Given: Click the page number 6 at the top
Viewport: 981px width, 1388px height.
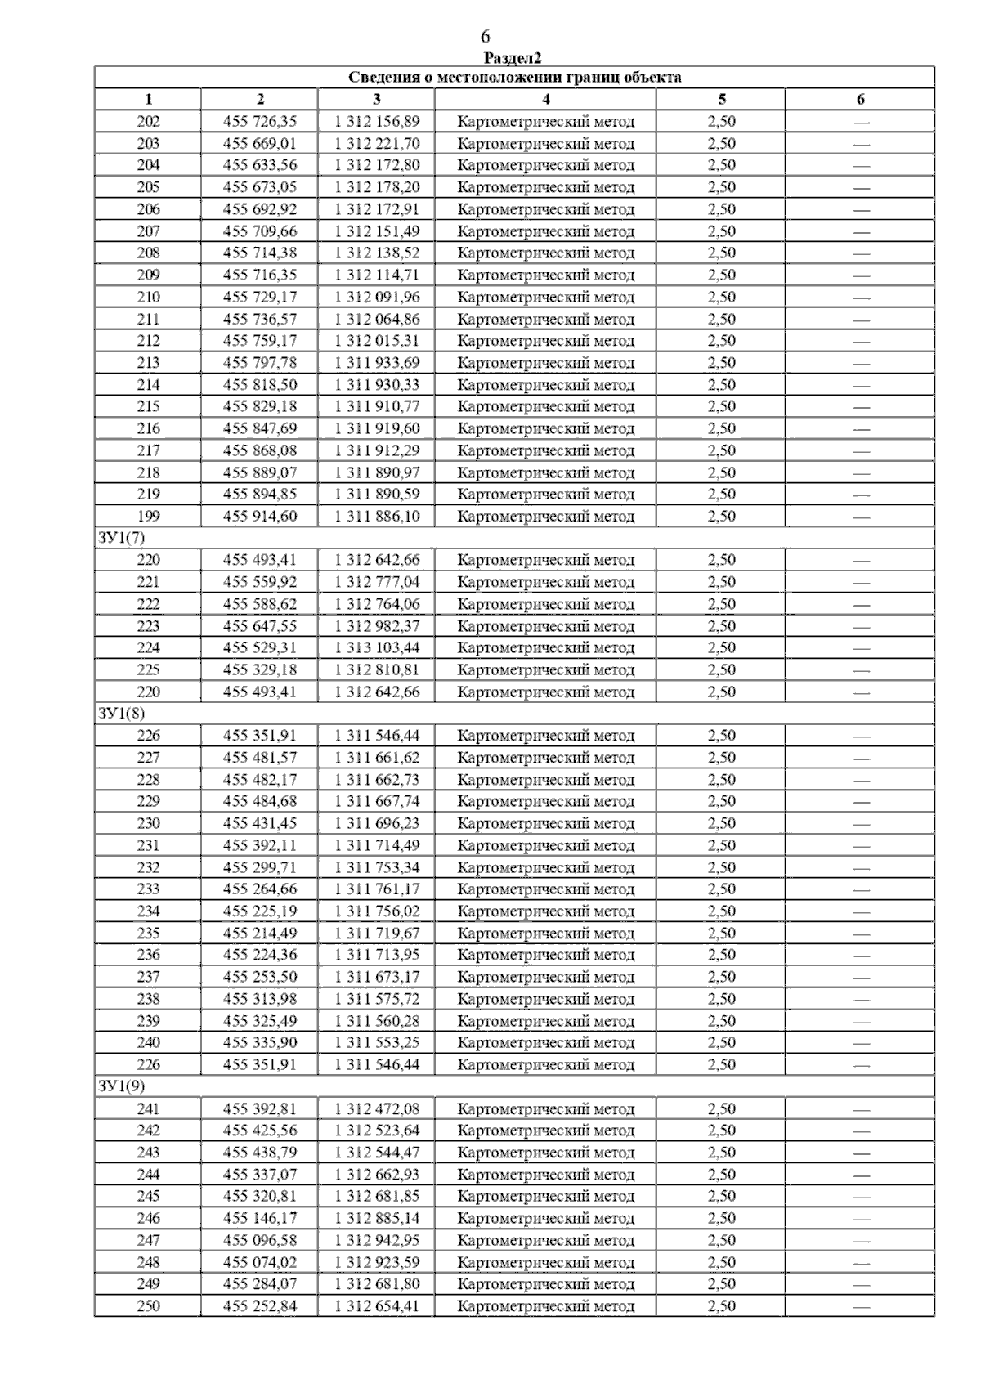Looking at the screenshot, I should [486, 37].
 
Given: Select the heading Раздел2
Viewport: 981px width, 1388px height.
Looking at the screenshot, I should [513, 58].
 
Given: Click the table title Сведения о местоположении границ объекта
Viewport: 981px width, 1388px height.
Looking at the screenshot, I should [514, 78].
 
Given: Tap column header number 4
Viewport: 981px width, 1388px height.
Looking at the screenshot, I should [545, 100].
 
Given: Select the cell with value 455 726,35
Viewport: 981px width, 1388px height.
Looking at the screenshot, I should [259, 122].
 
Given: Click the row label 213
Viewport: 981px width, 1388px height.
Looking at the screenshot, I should [148, 363].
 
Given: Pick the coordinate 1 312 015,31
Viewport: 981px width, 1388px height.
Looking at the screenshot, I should [376, 341].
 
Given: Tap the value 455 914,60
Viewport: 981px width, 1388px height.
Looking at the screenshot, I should [259, 517].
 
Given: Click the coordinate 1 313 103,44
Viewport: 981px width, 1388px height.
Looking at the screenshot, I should [376, 648].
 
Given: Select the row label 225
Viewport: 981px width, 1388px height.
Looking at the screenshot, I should [148, 670].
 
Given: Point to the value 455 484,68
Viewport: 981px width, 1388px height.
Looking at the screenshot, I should [259, 802].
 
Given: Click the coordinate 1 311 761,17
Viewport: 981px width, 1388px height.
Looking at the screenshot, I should [376, 889].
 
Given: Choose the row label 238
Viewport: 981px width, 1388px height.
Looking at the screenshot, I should [148, 999].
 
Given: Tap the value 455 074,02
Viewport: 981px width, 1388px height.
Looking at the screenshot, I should [259, 1262].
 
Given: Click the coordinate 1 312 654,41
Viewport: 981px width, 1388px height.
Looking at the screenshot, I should [376, 1306].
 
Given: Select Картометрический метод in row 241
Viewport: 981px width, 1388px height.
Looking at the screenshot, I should [545, 1109].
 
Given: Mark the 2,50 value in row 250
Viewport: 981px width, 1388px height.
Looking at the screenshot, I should [721, 1306].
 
